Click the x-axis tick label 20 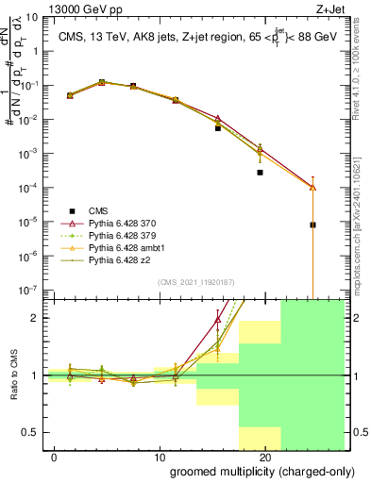[265, 457]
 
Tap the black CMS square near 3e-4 [260, 173]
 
